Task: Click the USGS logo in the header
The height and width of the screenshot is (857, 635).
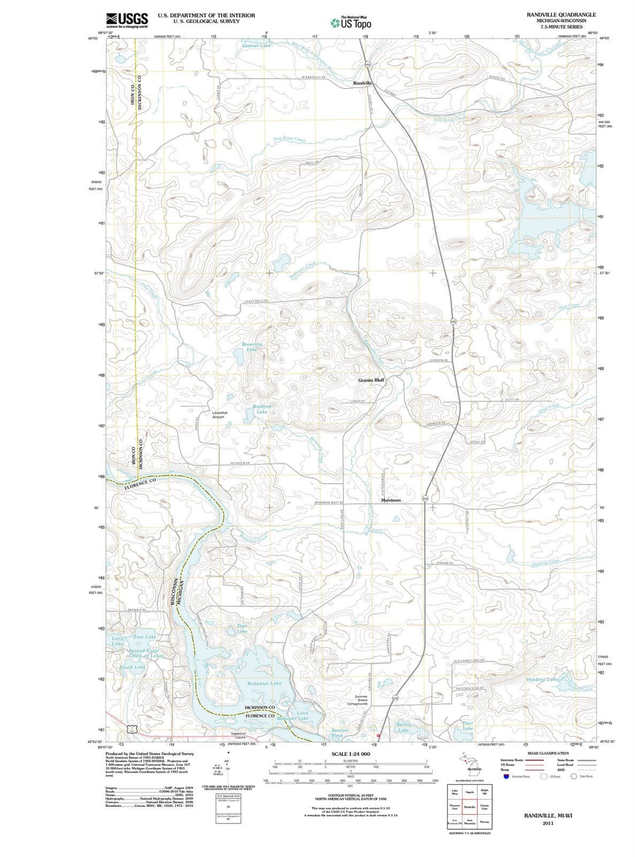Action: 126,20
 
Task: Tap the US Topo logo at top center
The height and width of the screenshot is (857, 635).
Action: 350,22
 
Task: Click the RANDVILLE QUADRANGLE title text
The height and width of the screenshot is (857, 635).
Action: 561,15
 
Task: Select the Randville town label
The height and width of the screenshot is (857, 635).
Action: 363,84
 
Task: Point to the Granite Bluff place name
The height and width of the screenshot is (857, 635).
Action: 372,380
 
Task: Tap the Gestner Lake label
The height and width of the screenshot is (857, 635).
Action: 256,45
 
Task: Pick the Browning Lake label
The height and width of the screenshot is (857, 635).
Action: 252,347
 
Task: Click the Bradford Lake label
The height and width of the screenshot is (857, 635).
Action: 262,409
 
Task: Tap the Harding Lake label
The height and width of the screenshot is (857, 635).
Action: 542,679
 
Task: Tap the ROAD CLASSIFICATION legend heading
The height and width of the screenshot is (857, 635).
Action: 547,753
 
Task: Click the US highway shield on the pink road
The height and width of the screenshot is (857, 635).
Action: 135,728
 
